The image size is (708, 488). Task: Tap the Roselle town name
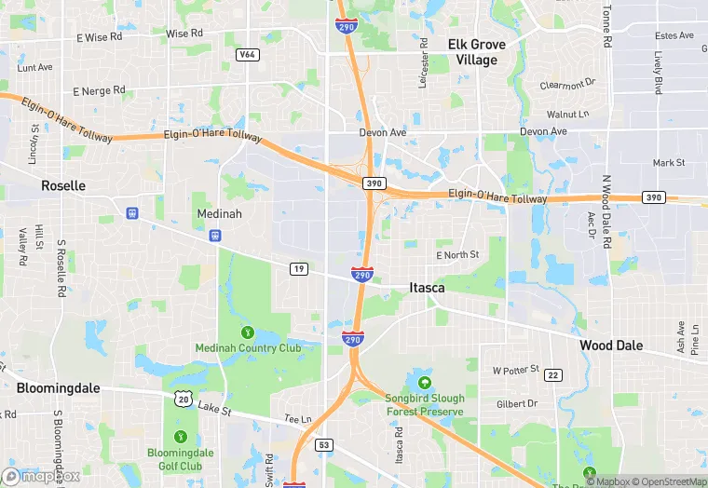(63, 186)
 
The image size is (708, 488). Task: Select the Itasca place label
(427, 289)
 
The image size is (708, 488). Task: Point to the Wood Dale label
(611, 346)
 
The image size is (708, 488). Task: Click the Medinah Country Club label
(248, 348)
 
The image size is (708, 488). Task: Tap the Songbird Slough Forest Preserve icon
(425, 382)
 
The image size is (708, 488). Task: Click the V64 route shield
(247, 55)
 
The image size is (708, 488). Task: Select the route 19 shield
(298, 269)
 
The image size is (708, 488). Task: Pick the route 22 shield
(553, 375)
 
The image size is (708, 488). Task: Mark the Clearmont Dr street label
(567, 85)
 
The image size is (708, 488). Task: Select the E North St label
(457, 255)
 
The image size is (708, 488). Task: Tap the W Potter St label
(515, 370)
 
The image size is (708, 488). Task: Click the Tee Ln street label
(297, 419)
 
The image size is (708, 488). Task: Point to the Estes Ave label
(674, 36)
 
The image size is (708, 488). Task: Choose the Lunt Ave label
(34, 67)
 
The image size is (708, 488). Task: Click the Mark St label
(669, 163)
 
